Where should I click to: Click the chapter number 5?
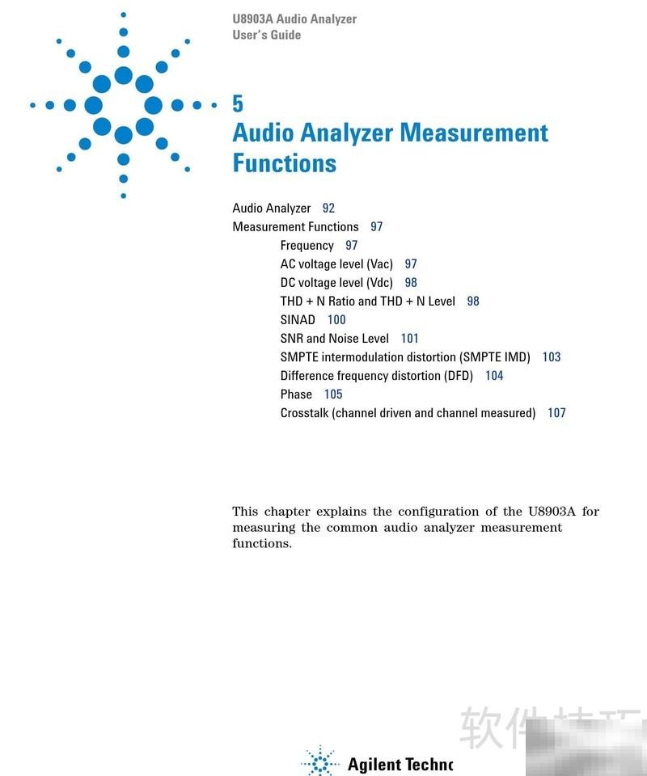tap(238, 103)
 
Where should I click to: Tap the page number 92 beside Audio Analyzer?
tap(328, 208)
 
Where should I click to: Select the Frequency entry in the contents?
tap(307, 245)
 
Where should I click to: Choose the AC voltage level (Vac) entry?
tap(336, 264)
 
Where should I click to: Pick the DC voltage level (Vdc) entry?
tap(336, 282)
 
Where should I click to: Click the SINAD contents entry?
tap(298, 319)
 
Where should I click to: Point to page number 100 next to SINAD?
tap(336, 319)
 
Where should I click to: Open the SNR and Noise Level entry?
tap(334, 338)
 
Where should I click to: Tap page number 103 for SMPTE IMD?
tap(552, 356)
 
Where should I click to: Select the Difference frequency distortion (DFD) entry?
tap(376, 375)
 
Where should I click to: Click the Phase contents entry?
tap(296, 394)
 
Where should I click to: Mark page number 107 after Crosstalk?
tap(556, 412)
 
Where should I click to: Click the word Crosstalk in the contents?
tap(304, 412)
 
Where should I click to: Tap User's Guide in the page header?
tap(266, 35)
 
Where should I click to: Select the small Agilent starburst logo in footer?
tap(320, 762)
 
